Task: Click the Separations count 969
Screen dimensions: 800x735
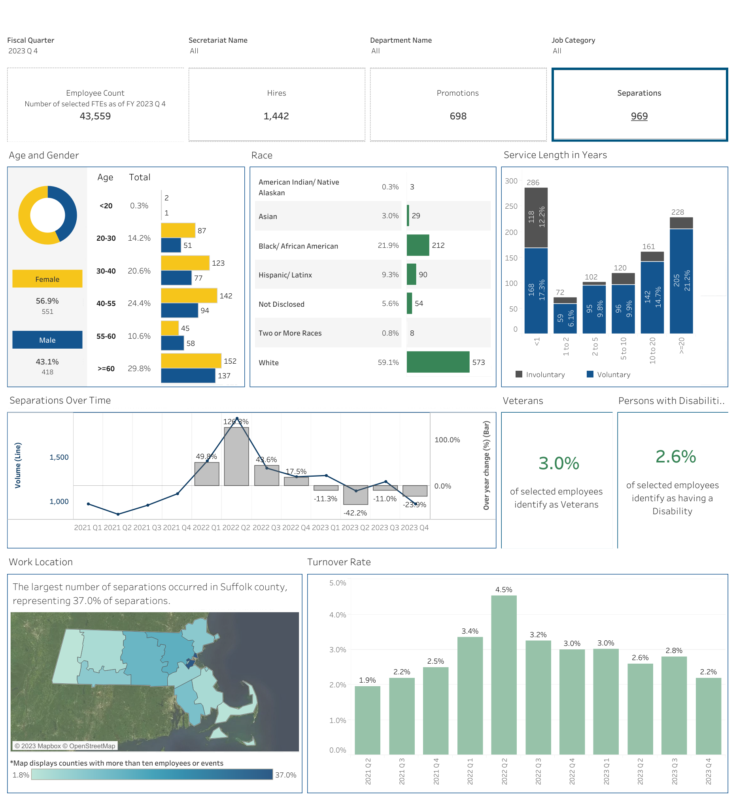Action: point(639,116)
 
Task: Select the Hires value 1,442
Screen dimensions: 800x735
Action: point(276,116)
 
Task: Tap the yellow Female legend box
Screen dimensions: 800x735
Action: point(47,279)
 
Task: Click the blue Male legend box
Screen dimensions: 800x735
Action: point(47,340)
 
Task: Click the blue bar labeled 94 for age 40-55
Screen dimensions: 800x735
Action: point(179,311)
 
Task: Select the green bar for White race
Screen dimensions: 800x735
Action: point(438,362)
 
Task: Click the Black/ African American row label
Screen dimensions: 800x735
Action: point(298,246)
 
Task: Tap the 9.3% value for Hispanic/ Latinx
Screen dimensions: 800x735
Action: point(390,274)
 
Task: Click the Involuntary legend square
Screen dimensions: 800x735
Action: point(519,374)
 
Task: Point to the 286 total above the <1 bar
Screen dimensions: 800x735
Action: point(533,183)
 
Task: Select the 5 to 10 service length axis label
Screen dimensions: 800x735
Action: point(623,348)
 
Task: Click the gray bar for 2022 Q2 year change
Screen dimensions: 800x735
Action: point(237,456)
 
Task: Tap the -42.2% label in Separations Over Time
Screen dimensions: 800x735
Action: point(355,513)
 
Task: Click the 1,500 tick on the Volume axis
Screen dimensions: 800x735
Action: point(59,457)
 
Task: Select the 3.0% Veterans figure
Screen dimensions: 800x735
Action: point(558,463)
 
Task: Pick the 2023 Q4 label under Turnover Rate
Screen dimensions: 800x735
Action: point(709,772)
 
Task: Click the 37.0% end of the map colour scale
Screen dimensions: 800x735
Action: point(285,775)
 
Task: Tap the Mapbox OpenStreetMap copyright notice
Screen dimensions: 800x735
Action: point(65,746)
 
